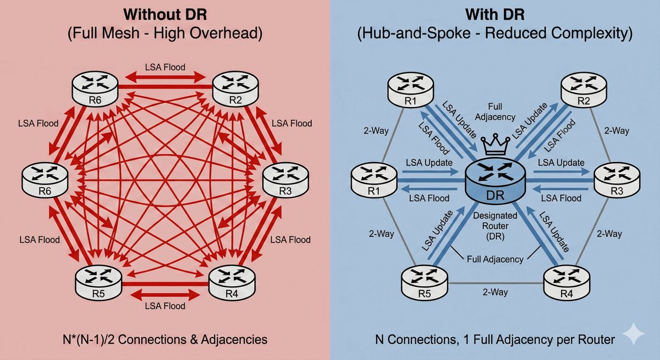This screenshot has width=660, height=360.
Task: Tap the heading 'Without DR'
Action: click(165, 13)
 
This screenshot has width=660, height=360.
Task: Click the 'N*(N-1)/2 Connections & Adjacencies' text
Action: click(165, 340)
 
